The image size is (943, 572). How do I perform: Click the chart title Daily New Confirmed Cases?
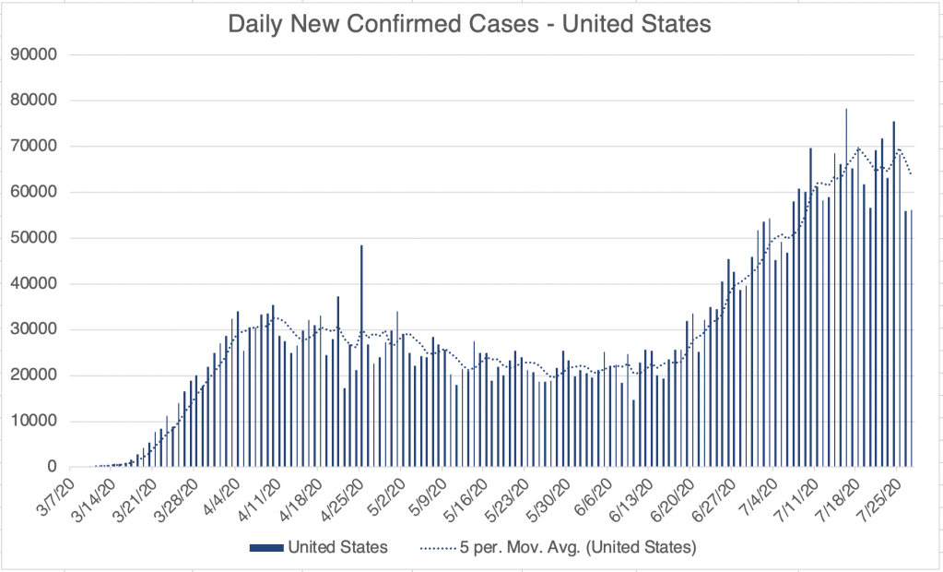tap(469, 25)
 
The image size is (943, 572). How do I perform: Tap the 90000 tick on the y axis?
tap(33, 54)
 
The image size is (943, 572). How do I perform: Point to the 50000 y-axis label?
tap(33, 238)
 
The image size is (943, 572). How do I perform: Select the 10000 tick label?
tap(33, 422)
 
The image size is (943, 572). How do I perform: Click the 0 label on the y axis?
tap(52, 468)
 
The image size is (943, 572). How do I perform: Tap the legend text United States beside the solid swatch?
tap(338, 547)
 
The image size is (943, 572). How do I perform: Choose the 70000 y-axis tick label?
tap(33, 146)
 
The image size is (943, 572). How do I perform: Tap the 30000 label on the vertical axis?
tap(33, 329)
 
